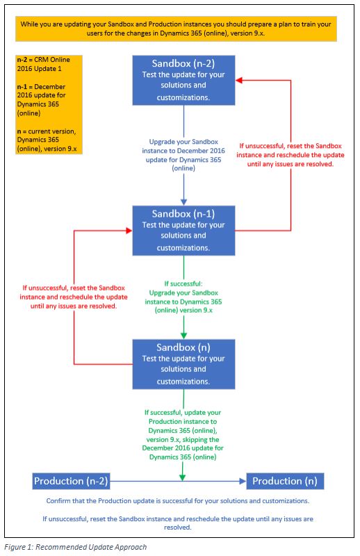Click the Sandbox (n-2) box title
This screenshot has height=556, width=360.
click(x=183, y=63)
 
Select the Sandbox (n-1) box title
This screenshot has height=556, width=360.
click(x=183, y=214)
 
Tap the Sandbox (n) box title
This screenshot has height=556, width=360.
click(x=183, y=347)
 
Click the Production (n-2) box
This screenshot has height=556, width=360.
click(x=71, y=481)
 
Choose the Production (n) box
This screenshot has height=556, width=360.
click(x=285, y=481)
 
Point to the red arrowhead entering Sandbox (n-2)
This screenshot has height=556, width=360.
click(x=238, y=81)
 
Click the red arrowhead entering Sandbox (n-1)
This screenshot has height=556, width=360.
click(x=129, y=231)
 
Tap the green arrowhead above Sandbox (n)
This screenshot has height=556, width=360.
click(x=183, y=336)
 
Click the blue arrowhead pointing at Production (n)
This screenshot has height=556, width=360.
click(x=243, y=481)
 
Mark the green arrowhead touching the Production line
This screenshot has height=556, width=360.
click(x=182, y=477)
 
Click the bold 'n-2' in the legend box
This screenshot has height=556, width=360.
click(x=22, y=60)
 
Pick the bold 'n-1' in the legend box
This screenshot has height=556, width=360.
click(x=22, y=86)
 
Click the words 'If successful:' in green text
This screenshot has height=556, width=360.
click(x=183, y=284)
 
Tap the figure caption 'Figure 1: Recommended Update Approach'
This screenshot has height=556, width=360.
click(x=76, y=547)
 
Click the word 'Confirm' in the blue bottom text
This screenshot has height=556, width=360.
click(x=58, y=501)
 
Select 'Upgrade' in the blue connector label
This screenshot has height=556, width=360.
click(x=161, y=142)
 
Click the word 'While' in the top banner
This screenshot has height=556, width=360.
click(x=28, y=24)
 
